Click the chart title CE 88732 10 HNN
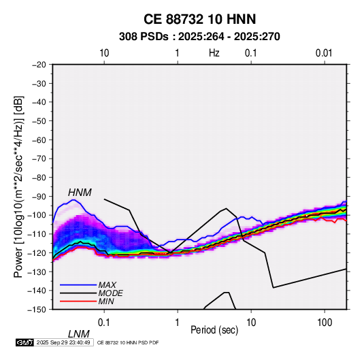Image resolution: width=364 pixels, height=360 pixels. point(199,19)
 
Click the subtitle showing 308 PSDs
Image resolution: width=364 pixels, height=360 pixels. point(199,37)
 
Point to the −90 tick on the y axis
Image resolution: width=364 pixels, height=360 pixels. point(39,197)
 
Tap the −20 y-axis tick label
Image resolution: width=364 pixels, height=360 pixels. point(39,65)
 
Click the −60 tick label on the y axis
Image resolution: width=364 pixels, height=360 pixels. point(39,140)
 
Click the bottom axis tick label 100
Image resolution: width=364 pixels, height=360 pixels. point(325,323)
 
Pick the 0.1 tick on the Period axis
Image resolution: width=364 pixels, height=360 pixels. point(104,323)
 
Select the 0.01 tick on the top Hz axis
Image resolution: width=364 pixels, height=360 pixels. point(324,53)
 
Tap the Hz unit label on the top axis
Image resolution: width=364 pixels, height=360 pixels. point(214,53)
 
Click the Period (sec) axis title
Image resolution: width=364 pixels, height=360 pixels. point(214,330)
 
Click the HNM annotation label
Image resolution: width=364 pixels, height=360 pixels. point(80,193)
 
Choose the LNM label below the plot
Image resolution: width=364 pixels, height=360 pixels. point(79,334)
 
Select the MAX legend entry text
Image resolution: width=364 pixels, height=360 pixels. point(107,284)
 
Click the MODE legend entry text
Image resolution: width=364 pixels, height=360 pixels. point(110,293)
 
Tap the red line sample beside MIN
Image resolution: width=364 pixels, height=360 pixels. point(78,301)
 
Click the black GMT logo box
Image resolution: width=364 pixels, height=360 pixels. point(25,342)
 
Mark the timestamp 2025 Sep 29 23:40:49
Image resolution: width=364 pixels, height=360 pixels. point(63,342)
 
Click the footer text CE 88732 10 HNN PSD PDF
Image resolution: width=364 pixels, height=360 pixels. point(128,342)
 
